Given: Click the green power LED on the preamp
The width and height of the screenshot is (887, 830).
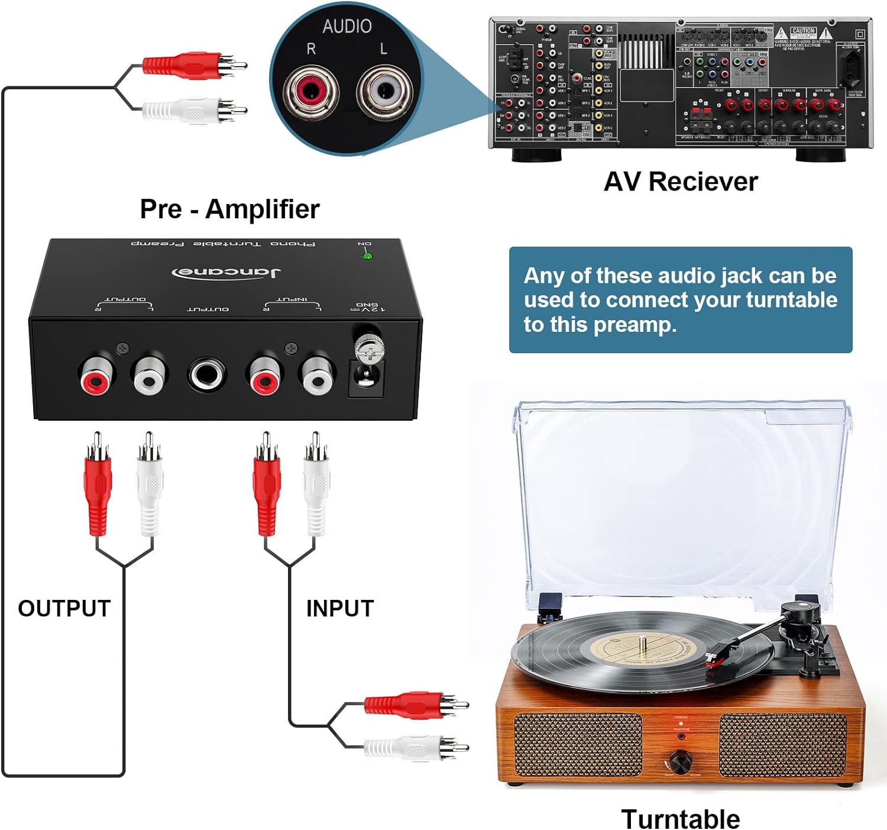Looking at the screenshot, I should pos(367,256).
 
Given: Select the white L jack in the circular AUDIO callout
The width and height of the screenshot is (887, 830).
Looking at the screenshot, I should pos(384,91).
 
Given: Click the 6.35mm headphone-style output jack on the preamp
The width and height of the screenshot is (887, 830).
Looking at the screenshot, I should pos(206,374).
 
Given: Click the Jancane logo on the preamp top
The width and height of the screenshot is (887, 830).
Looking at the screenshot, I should pos(226,272).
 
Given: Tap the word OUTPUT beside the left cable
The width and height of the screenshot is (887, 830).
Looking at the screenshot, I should pos(64,608).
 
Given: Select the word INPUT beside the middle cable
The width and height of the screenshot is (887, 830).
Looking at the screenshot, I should pos(339,608).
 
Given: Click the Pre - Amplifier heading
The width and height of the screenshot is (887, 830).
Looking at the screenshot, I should pos(229,209).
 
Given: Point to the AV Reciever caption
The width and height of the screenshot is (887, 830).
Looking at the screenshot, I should pos(680,182).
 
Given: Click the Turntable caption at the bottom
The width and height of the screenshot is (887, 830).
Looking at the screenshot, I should pos(680,819).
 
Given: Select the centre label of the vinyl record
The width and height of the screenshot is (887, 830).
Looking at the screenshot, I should pos(642,647).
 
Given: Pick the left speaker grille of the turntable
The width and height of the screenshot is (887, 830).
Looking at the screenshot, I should pos(578,744).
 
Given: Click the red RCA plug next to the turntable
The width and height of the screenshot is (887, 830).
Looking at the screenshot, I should pos(414,705).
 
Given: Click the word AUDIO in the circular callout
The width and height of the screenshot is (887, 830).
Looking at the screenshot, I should pos(347,26).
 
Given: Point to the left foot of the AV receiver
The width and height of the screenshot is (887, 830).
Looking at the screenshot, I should pos(536,155).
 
